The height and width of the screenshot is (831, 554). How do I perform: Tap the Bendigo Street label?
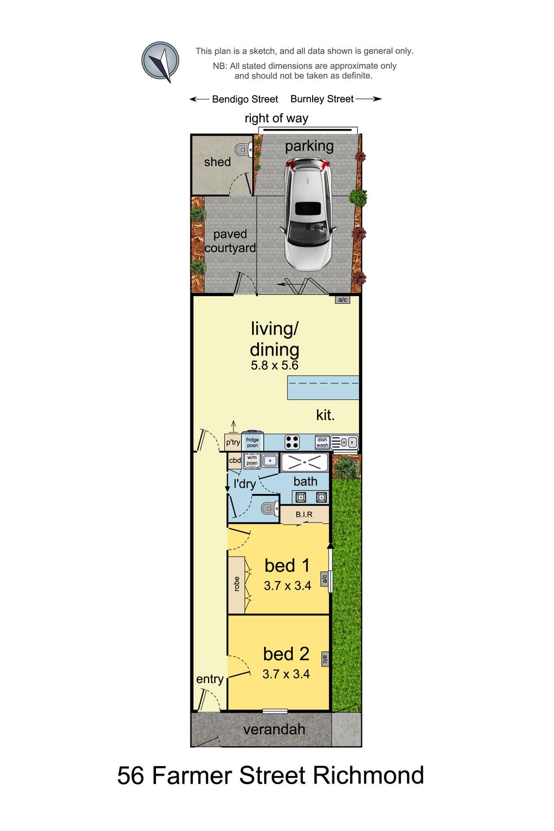[x=244, y=99]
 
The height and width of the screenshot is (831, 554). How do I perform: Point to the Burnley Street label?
[x=322, y=99]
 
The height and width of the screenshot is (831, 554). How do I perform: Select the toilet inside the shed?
[x=244, y=150]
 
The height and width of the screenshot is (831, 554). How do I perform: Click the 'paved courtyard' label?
[x=230, y=241]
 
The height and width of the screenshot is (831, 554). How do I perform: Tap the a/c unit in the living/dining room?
[x=343, y=300]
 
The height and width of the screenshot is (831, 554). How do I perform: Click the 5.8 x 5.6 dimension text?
[x=274, y=365]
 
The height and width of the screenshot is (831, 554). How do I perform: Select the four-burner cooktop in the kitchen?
[x=292, y=442]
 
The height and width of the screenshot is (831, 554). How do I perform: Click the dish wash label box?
[x=322, y=442]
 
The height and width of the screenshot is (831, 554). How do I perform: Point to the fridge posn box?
[x=252, y=442]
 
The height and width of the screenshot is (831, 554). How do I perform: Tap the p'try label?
[x=233, y=442]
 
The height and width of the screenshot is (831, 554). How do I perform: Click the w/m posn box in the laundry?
[x=252, y=460]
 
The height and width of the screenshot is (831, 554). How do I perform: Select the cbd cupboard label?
[x=235, y=460]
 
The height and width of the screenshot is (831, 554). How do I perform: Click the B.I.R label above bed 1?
[x=304, y=514]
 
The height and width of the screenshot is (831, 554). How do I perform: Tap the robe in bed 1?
[x=237, y=585]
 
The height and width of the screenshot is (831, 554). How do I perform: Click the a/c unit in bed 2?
[x=325, y=658]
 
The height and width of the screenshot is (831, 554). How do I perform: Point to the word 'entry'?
[x=210, y=679]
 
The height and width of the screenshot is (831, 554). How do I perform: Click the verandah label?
[x=274, y=729]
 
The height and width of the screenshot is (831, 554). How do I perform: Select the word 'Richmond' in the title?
[x=368, y=775]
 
